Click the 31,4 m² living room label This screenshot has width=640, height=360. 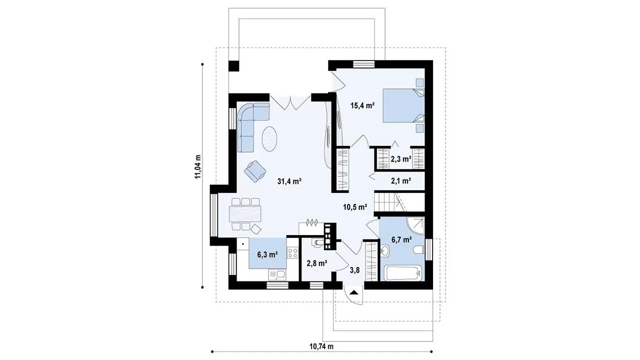(x=289, y=181)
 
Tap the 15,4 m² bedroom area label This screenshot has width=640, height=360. (x=362, y=105)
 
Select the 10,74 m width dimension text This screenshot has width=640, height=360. (x=321, y=346)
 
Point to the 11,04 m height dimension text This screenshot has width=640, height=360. (x=198, y=166)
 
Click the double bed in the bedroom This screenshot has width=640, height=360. (x=403, y=105)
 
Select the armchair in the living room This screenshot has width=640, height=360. (x=255, y=170)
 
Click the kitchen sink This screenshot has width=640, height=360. (x=77, y=275)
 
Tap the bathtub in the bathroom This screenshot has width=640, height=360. (x=403, y=273)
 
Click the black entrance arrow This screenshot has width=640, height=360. (x=353, y=292)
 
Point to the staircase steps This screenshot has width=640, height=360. (x=384, y=201)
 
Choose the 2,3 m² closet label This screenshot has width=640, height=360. (x=401, y=159)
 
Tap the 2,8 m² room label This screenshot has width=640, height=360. (x=317, y=263)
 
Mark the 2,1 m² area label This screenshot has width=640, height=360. (x=401, y=180)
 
